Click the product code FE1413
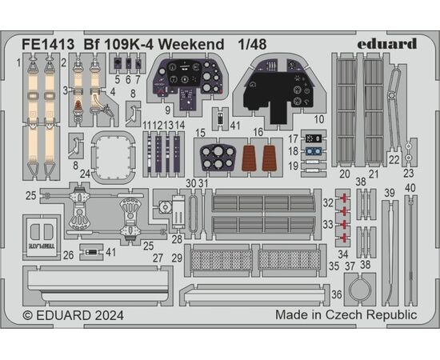click(48, 44)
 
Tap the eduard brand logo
click(387, 44)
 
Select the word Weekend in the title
click(191, 44)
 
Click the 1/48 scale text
click(252, 44)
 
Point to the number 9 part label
click(167, 110)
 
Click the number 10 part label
click(318, 119)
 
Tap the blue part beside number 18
click(314, 151)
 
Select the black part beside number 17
click(314, 138)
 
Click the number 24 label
click(85, 174)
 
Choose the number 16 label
click(258, 132)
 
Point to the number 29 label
click(177, 258)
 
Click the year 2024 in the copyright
click(109, 315)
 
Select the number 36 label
click(337, 294)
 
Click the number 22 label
click(394, 160)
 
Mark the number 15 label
click(201, 133)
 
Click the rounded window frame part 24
click(93, 156)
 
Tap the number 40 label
click(410, 188)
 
